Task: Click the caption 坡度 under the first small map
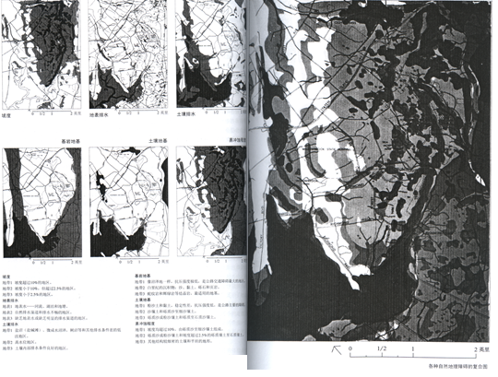click(11, 117)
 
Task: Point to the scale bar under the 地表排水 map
click(139, 113)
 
